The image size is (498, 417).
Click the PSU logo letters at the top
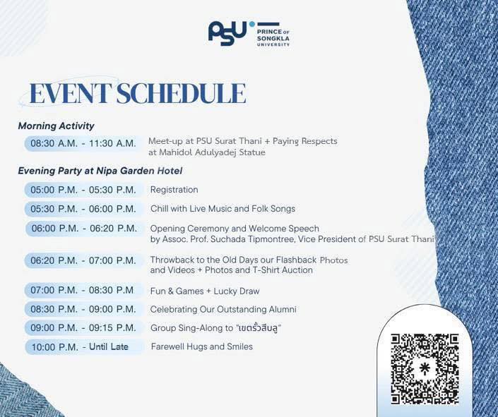[x=227, y=33]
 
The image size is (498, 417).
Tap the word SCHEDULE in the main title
[x=181, y=93]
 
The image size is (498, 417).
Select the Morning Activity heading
[x=56, y=126]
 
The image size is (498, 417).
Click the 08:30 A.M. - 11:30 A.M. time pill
[x=83, y=143]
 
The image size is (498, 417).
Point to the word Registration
[x=174, y=190]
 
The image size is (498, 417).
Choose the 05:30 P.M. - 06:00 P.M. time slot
[x=83, y=209]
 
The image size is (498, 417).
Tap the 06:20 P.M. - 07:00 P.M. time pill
[x=83, y=260]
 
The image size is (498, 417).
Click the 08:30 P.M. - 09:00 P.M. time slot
[x=83, y=309]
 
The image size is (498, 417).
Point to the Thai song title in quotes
[x=259, y=328]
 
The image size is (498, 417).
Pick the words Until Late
[x=109, y=346]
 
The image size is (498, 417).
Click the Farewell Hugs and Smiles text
[x=202, y=346]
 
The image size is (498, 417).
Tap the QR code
[x=425, y=369]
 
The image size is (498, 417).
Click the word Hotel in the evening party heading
[x=170, y=171]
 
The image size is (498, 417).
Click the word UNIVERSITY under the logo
[x=273, y=44]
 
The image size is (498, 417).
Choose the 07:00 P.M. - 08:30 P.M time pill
[x=83, y=290]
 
